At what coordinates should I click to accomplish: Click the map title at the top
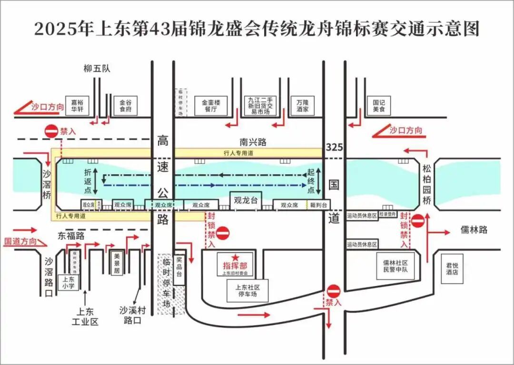257,29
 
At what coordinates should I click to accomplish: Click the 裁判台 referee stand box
318,205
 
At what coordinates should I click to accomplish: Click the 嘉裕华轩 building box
77,106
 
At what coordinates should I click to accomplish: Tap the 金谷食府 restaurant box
126,106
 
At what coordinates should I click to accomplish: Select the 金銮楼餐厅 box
211,106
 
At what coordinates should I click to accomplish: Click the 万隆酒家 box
302,106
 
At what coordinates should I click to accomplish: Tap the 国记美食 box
379,106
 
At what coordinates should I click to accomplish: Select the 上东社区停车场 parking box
247,290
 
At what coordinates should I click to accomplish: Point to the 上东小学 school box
68,283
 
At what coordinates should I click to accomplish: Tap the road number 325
335,148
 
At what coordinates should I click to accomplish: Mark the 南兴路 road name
253,142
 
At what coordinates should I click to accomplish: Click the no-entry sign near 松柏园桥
418,221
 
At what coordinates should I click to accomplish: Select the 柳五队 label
97,69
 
